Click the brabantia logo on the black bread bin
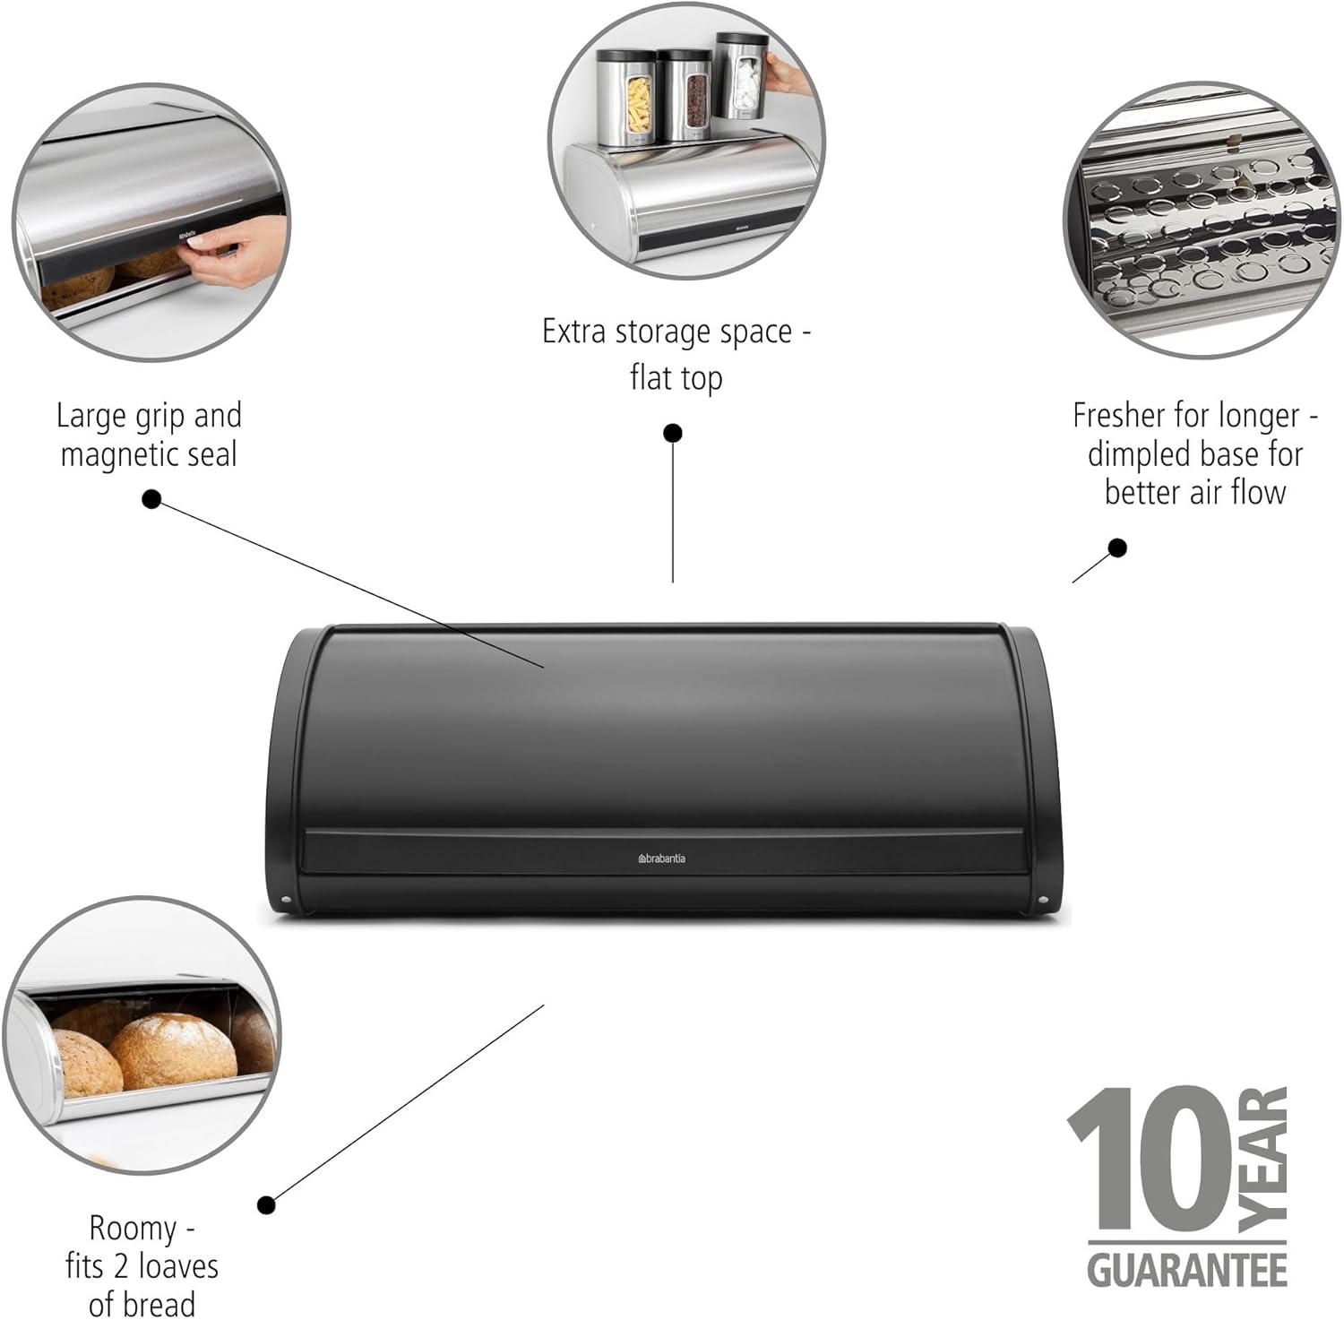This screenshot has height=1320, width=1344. click(661, 858)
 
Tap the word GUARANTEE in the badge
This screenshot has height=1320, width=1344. click(1187, 1271)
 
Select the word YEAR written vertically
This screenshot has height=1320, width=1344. click(1263, 1159)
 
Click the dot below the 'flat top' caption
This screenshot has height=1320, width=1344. click(673, 434)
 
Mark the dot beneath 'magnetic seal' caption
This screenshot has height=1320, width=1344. click(151, 499)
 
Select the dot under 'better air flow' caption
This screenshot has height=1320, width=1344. click(1117, 548)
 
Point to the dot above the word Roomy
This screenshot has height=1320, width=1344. click(266, 1205)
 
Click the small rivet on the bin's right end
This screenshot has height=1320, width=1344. click(1043, 901)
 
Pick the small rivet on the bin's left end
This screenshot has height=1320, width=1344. click(286, 901)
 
